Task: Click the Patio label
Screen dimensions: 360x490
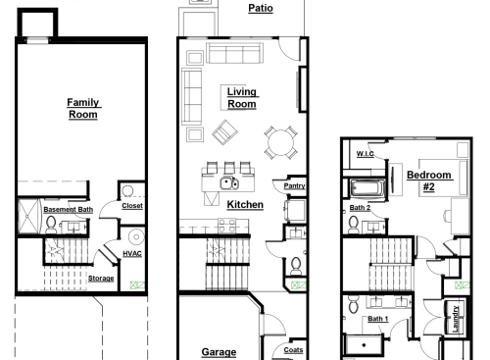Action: tap(261, 8)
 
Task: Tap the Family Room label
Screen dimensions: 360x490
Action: tap(83, 108)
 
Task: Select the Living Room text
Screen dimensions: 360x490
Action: tap(241, 97)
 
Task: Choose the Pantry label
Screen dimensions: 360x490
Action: tap(294, 184)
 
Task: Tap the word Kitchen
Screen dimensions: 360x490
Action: tap(245, 204)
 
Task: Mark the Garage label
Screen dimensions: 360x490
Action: tap(219, 352)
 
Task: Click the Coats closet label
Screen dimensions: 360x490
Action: tap(293, 350)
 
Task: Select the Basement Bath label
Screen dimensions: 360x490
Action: tap(68, 210)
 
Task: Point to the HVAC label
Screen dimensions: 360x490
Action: tap(132, 254)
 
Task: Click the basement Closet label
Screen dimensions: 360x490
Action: tap(132, 206)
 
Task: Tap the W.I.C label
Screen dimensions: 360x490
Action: tap(367, 155)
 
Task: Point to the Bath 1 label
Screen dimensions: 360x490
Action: tap(378, 319)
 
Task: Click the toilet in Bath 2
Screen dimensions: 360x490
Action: tap(351, 225)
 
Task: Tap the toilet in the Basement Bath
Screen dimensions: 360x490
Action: tap(51, 224)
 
